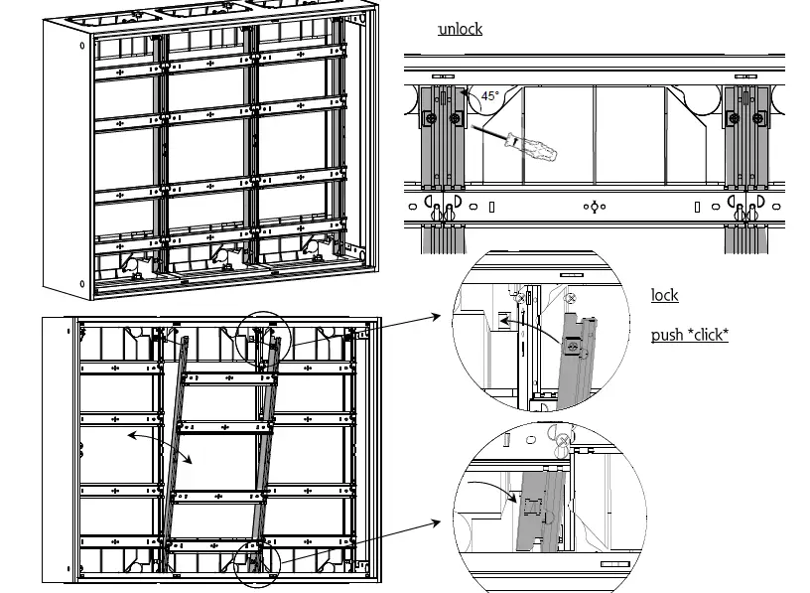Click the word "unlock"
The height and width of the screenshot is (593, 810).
point(461,29)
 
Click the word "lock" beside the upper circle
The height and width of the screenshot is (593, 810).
point(665,295)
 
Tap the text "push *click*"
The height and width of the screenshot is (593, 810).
point(689,335)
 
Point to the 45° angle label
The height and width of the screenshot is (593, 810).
point(490,96)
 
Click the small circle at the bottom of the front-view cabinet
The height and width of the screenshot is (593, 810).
point(257,564)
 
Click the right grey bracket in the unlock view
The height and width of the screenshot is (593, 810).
point(744,139)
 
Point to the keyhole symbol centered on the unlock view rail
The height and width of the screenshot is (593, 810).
point(592,208)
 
